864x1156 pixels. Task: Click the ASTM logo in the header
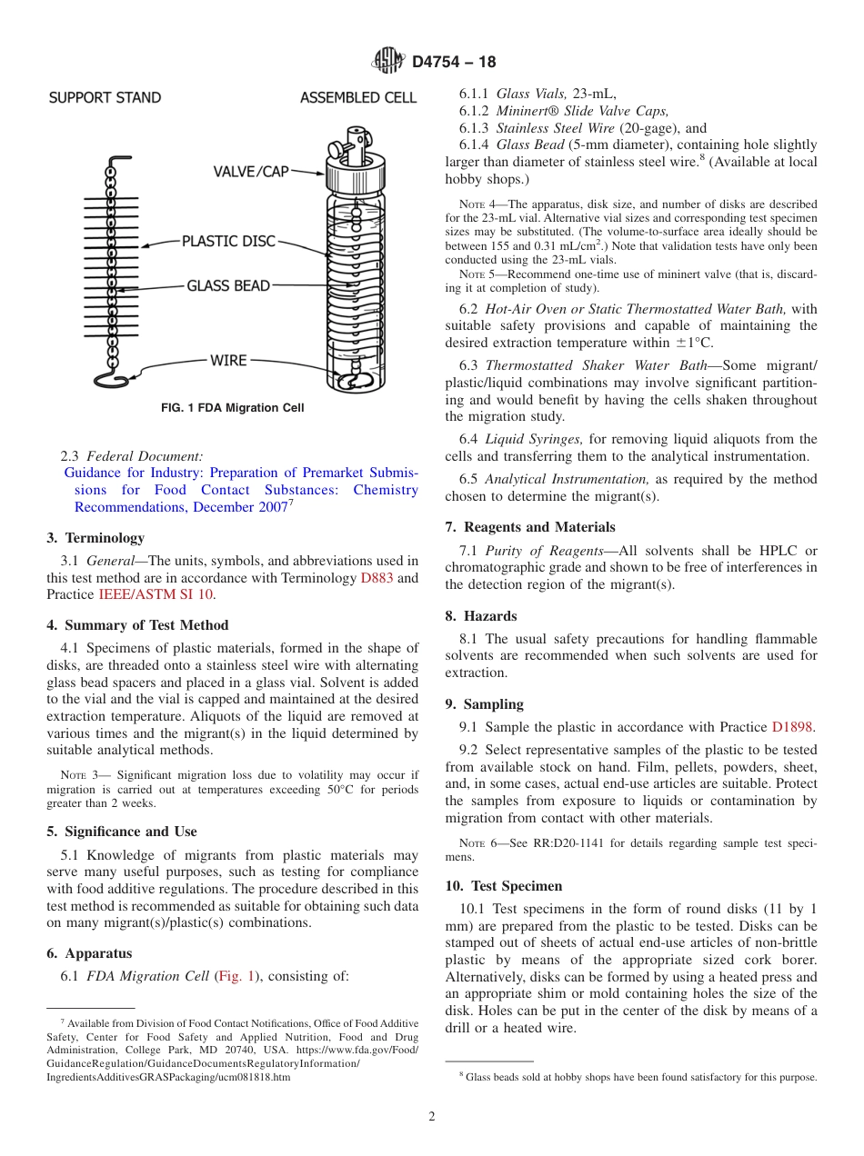coord(388,61)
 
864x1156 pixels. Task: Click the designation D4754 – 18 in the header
coord(454,62)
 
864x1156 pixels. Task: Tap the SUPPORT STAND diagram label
coord(105,97)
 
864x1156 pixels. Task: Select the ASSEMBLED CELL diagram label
coord(358,97)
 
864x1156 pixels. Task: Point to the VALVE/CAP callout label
coord(251,172)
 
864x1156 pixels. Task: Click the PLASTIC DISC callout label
coord(228,242)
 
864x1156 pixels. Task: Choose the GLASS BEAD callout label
coord(228,285)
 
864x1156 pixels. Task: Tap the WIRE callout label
coord(228,361)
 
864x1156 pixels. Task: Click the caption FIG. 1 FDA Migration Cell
coord(233,408)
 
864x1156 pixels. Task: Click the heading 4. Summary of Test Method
coord(137,625)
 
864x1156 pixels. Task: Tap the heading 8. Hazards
coord(480,616)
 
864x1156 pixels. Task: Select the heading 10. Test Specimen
coord(504,886)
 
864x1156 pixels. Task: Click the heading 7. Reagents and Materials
coord(530,527)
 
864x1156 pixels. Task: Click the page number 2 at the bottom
coord(432,1117)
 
